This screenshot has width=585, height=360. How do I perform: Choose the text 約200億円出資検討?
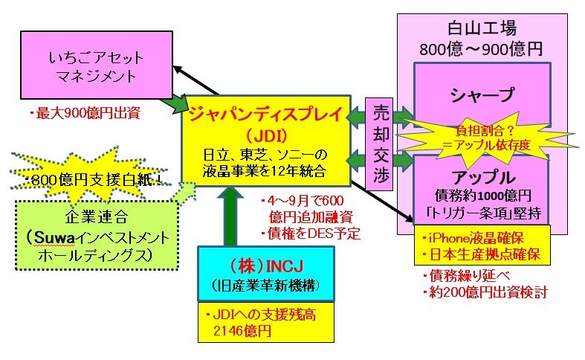pyautogui.click(x=484, y=292)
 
